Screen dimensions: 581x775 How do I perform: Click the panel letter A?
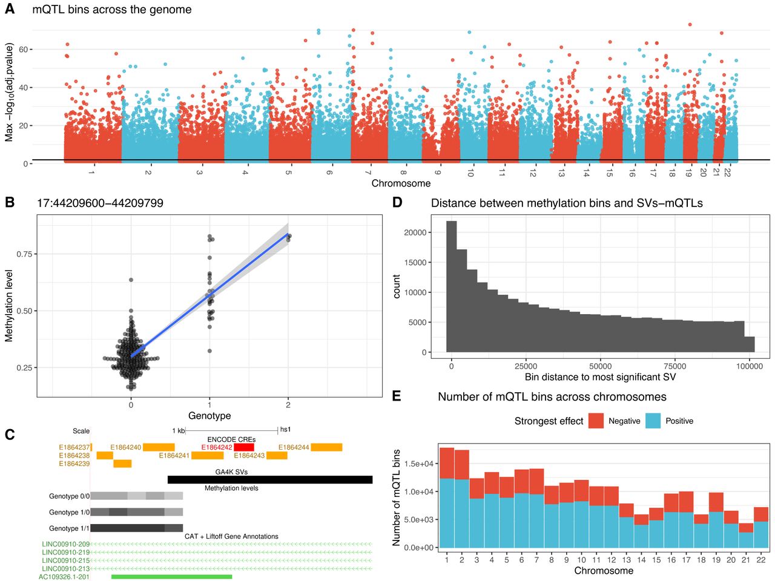[10, 10]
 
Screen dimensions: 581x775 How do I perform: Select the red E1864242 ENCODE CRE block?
[244, 447]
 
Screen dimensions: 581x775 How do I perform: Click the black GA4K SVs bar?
[270, 480]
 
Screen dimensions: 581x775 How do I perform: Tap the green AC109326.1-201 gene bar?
[172, 577]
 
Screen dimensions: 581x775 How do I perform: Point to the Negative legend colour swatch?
[596, 421]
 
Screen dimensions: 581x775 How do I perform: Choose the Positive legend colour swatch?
[653, 421]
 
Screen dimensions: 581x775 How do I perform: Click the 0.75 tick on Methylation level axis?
[24, 254]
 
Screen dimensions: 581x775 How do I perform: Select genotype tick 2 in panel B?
[288, 405]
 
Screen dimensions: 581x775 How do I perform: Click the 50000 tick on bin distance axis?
[600, 366]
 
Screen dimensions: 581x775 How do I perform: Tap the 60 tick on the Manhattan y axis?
[23, 50]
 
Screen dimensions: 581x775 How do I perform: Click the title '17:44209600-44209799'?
[100, 203]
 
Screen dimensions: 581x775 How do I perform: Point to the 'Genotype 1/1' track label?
[69, 528]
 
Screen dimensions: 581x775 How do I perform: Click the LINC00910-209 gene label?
[65, 545]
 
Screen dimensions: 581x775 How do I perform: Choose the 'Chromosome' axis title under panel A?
[401, 183]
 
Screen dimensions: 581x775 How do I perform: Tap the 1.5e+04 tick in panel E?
[419, 464]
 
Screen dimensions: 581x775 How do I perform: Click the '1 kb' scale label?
[179, 431]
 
